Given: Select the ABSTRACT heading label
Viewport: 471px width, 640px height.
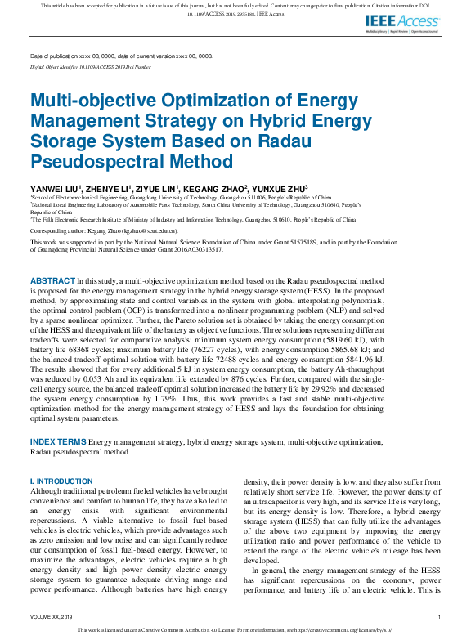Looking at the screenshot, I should point(52,280).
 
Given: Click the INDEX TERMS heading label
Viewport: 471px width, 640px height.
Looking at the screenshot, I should point(58,441).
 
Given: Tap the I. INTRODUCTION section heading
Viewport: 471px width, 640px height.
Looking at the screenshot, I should point(61,481).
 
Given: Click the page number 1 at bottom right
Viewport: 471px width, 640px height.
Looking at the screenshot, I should point(440,617).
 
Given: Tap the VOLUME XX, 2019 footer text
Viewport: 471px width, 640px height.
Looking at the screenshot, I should point(51,617).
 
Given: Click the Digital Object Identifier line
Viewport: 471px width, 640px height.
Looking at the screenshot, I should point(90,67).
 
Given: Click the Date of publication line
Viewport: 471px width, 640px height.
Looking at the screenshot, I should point(121,56).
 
